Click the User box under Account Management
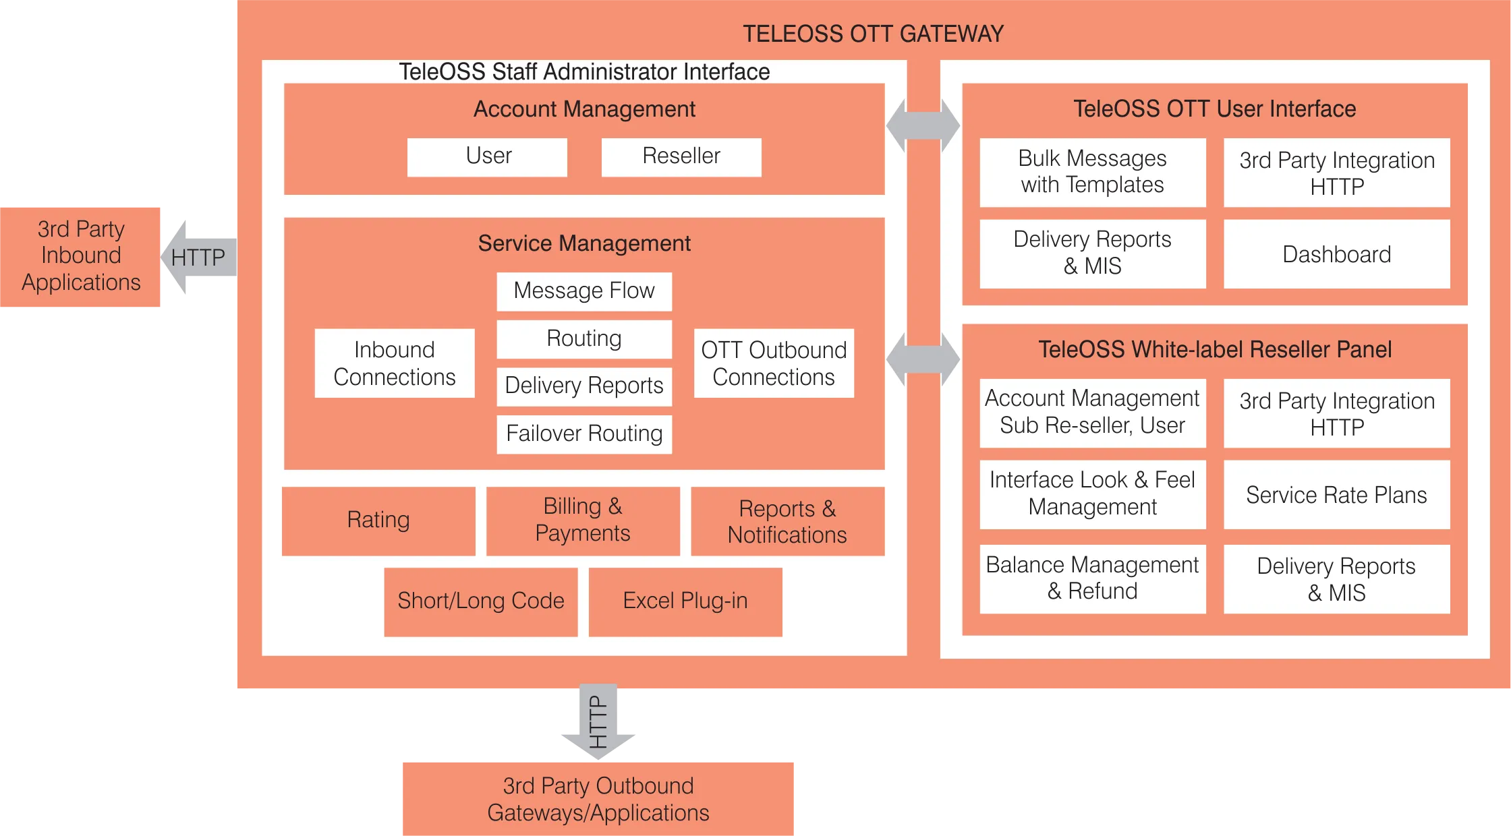pyautogui.click(x=487, y=157)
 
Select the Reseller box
pyautogui.click(x=681, y=157)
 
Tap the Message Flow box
pyautogui.click(x=584, y=291)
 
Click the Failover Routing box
pyautogui.click(x=584, y=434)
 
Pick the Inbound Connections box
pyautogui.click(x=395, y=363)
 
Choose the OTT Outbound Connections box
pyautogui.click(x=774, y=363)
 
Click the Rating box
pyautogui.click(x=378, y=520)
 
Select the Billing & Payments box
pyautogui.click(x=583, y=520)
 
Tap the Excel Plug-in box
pyautogui.click(x=685, y=601)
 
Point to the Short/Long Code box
pyautogui.click(x=481, y=601)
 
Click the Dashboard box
pyautogui.click(x=1336, y=254)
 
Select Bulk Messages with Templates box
pyautogui.click(x=1092, y=172)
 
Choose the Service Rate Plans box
pyautogui.click(x=1336, y=495)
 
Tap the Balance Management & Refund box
pyautogui.click(x=1092, y=578)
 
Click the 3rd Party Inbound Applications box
pyautogui.click(x=81, y=256)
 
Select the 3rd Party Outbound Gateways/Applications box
pyautogui.click(x=598, y=799)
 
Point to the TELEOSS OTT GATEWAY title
pyautogui.click(x=873, y=34)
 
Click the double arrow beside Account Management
pyautogui.click(x=923, y=125)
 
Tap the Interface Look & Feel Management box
pyautogui.click(x=1092, y=494)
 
